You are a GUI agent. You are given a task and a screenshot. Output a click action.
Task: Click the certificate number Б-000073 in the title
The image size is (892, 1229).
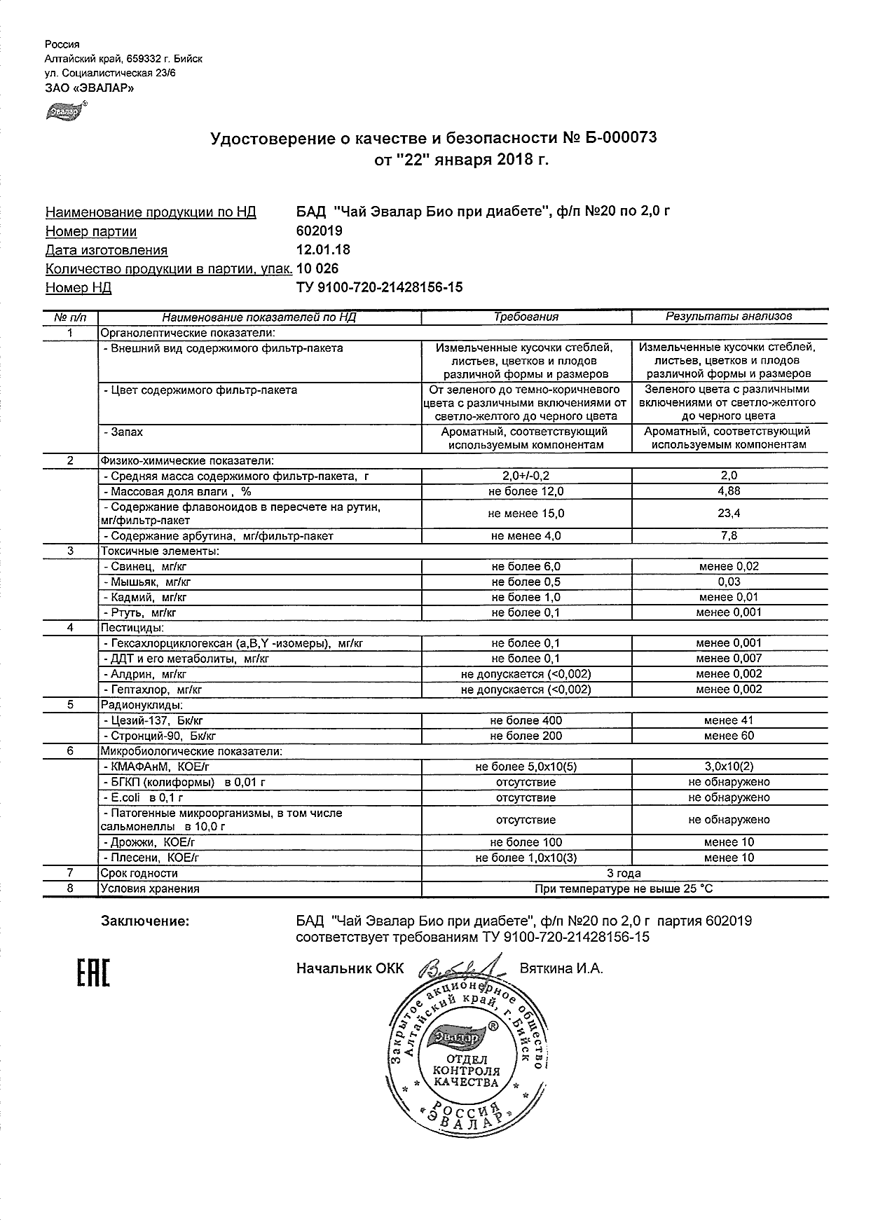pyautogui.click(x=619, y=138)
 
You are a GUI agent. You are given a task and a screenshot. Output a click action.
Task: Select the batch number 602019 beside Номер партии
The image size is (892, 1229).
pyautogui.click(x=320, y=231)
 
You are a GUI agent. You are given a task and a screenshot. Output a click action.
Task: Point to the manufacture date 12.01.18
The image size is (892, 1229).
pyautogui.click(x=323, y=249)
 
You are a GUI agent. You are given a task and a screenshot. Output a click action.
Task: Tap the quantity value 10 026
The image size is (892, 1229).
pyautogui.click(x=317, y=268)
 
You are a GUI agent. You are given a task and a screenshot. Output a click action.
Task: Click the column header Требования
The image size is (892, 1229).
pyautogui.click(x=526, y=317)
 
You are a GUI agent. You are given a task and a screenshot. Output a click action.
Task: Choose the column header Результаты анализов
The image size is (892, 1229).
pyautogui.click(x=729, y=317)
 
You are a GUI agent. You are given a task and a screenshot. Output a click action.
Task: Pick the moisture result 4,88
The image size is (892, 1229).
pyautogui.click(x=729, y=491)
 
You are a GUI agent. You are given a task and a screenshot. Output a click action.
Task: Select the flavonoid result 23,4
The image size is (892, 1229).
pyautogui.click(x=729, y=514)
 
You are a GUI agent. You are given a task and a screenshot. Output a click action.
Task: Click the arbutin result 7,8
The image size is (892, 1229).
pyautogui.click(x=729, y=536)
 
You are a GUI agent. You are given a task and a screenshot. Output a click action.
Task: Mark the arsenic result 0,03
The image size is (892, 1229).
pyautogui.click(x=729, y=582)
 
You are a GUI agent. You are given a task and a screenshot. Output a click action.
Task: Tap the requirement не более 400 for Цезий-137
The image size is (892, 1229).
pyautogui.click(x=526, y=720)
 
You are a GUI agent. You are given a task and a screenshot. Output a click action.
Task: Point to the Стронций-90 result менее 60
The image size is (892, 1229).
pyautogui.click(x=729, y=736)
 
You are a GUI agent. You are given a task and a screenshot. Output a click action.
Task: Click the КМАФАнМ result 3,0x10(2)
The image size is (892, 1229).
pyautogui.click(x=729, y=767)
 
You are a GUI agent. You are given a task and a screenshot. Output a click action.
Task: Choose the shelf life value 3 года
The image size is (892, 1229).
pyautogui.click(x=624, y=873)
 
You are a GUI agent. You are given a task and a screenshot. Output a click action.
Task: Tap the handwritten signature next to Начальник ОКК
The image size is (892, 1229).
pyautogui.click(x=459, y=969)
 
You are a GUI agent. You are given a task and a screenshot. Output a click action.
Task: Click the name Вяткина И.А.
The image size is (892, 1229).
pyautogui.click(x=561, y=968)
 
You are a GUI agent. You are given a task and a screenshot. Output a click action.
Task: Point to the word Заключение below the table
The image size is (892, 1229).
pyautogui.click(x=145, y=921)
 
